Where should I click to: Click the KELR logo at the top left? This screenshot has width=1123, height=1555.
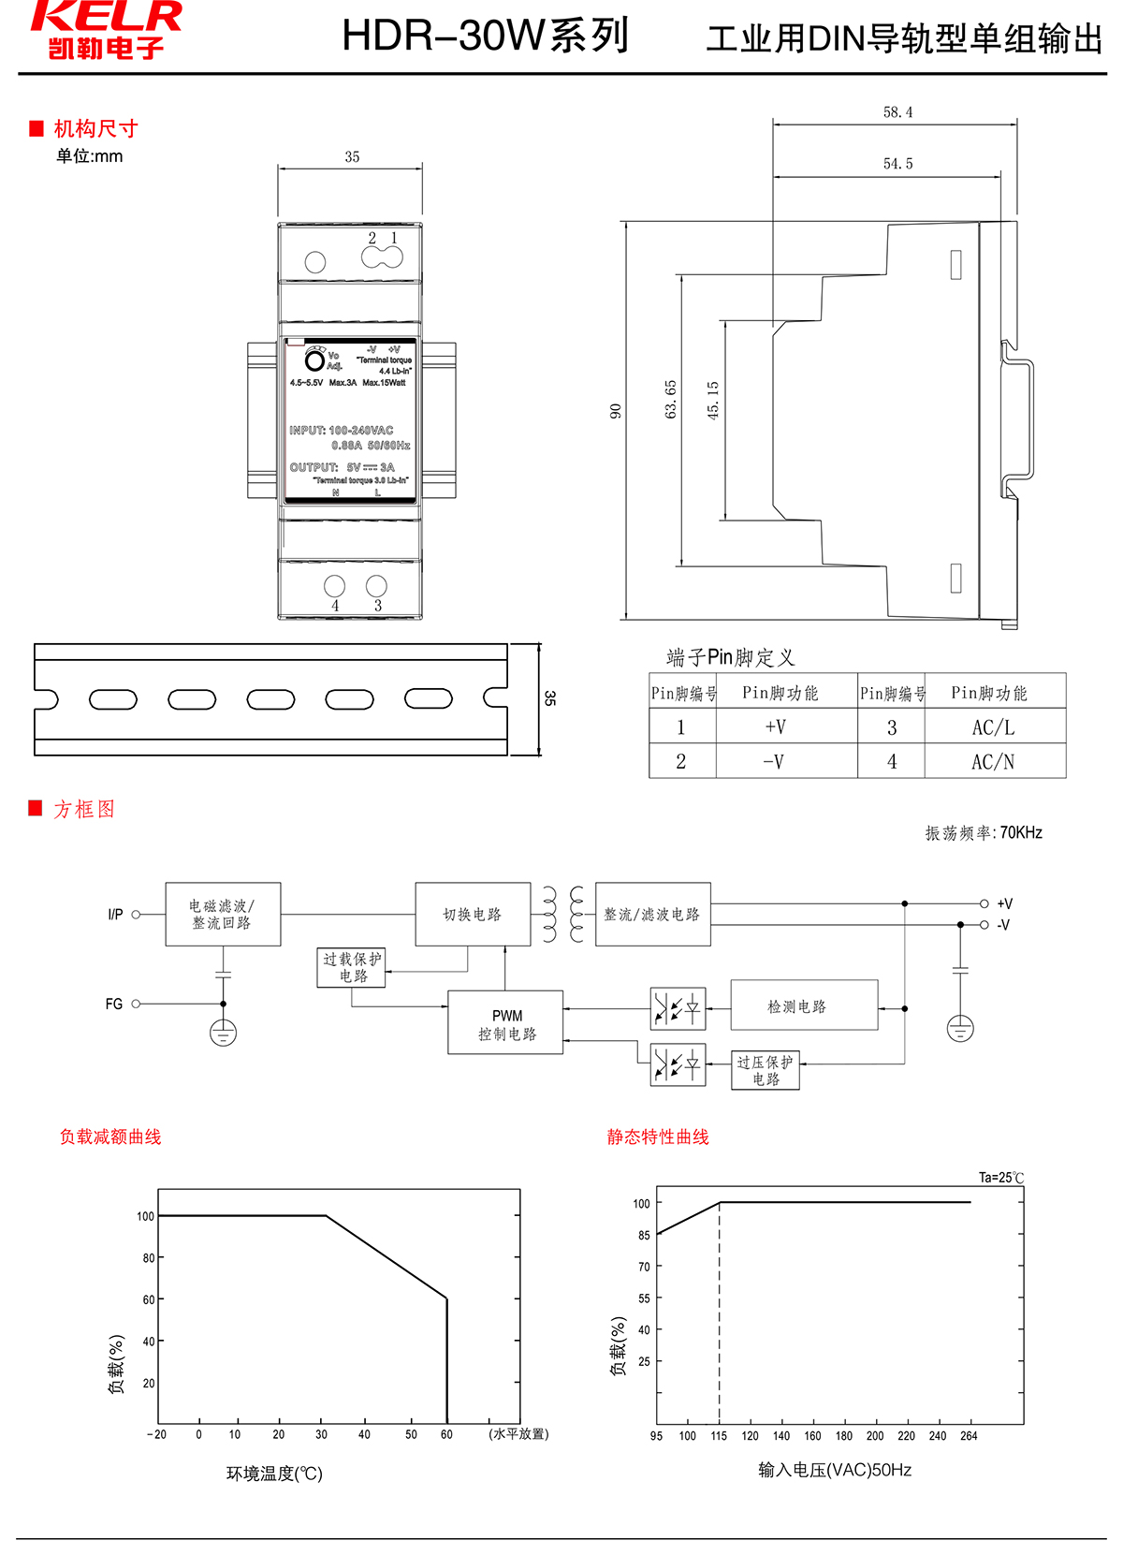(x=106, y=29)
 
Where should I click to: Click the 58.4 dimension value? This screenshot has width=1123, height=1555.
(x=897, y=112)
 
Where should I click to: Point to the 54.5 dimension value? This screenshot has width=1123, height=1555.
(x=897, y=164)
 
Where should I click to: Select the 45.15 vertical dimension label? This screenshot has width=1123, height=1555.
(x=713, y=400)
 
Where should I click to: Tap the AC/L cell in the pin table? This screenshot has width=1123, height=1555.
(x=993, y=727)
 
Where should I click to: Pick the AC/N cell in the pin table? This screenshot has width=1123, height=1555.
(x=993, y=762)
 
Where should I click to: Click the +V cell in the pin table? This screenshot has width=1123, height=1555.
(x=775, y=727)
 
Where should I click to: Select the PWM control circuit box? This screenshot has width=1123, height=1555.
(x=505, y=1023)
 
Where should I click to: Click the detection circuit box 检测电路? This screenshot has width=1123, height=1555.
(x=804, y=1006)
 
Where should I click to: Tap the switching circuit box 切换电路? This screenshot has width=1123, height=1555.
(x=473, y=915)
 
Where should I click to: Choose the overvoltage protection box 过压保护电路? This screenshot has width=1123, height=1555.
(x=766, y=1070)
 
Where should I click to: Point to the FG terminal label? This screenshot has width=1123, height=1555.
(x=113, y=1004)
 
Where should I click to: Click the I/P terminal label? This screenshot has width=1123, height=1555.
(x=115, y=915)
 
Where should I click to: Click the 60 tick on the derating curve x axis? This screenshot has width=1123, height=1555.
(x=446, y=1434)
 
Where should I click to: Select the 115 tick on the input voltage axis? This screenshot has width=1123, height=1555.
(x=719, y=1436)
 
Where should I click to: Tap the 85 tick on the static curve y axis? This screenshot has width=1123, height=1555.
(x=644, y=1235)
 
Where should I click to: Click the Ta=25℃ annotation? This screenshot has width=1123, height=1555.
(x=1001, y=1178)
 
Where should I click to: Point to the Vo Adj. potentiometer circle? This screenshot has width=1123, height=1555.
(x=315, y=361)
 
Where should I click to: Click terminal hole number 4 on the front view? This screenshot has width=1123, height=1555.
(x=334, y=586)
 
